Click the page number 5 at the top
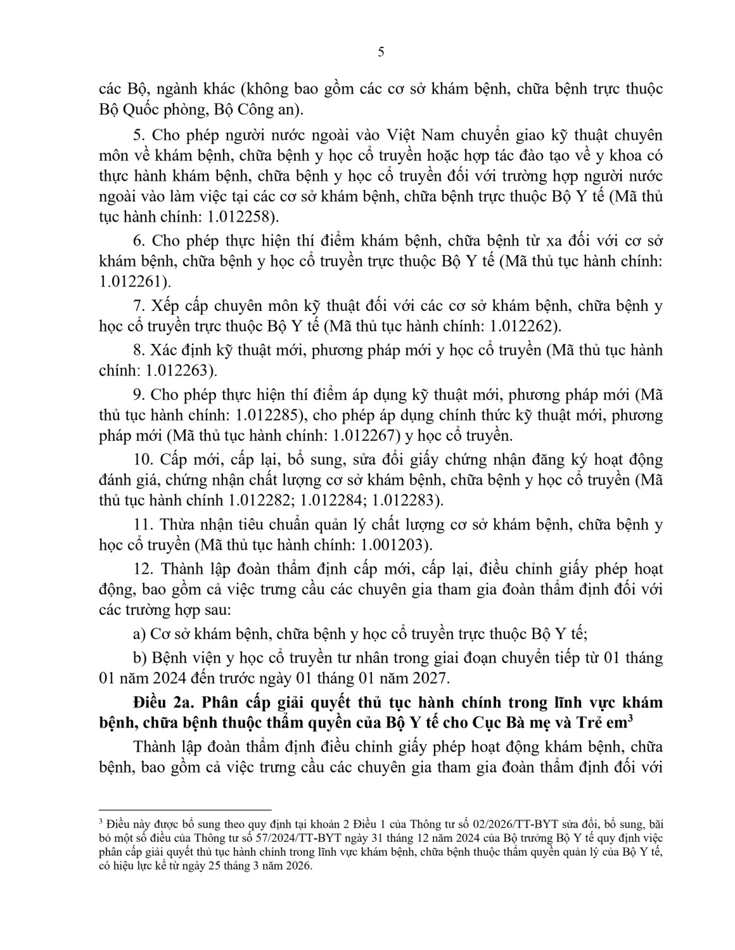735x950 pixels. click(380, 53)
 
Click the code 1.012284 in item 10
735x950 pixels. click(334, 500)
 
